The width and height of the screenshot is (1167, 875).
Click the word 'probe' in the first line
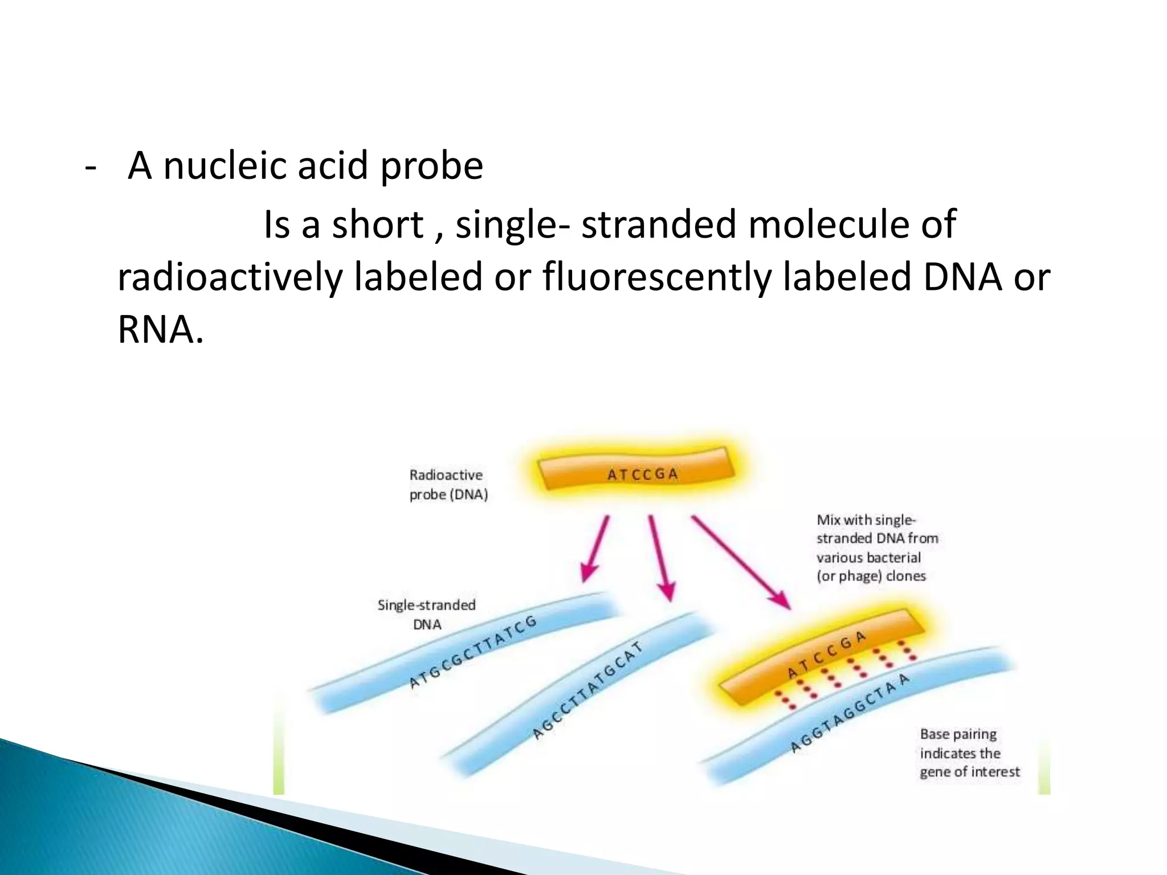(x=431, y=166)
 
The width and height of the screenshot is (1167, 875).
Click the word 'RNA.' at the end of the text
(x=160, y=330)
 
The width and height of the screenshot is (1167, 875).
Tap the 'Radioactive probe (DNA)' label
(x=448, y=485)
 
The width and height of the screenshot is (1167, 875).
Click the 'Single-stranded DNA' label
(x=426, y=615)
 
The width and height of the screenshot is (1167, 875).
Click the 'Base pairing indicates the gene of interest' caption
(x=969, y=753)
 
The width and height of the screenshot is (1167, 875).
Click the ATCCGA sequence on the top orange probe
(x=642, y=474)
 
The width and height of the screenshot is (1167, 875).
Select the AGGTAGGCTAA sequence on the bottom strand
(x=850, y=712)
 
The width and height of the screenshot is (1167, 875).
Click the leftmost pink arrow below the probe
(x=595, y=550)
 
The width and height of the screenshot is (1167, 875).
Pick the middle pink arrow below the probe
(x=661, y=558)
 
